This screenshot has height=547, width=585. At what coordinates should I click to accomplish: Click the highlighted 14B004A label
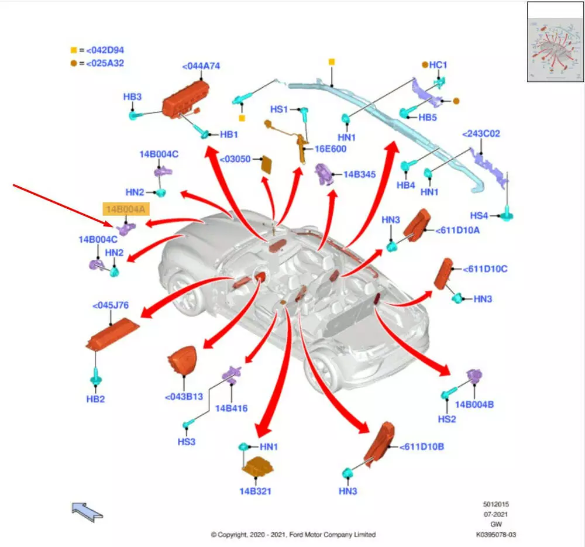126,209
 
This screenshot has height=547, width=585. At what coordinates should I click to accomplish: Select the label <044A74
201,66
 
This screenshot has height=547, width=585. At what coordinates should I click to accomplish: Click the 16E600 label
331,149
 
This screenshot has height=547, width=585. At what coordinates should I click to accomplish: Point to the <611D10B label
422,447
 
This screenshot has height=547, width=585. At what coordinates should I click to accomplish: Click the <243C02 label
481,134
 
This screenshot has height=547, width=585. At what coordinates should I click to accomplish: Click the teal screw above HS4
507,215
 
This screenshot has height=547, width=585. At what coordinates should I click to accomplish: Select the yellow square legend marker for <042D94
74,50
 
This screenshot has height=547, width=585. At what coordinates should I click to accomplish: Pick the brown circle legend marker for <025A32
74,63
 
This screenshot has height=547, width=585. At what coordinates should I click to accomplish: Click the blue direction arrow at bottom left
87,511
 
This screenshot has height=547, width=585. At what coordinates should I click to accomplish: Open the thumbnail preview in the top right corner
555,42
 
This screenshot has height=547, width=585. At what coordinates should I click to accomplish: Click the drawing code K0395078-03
496,534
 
